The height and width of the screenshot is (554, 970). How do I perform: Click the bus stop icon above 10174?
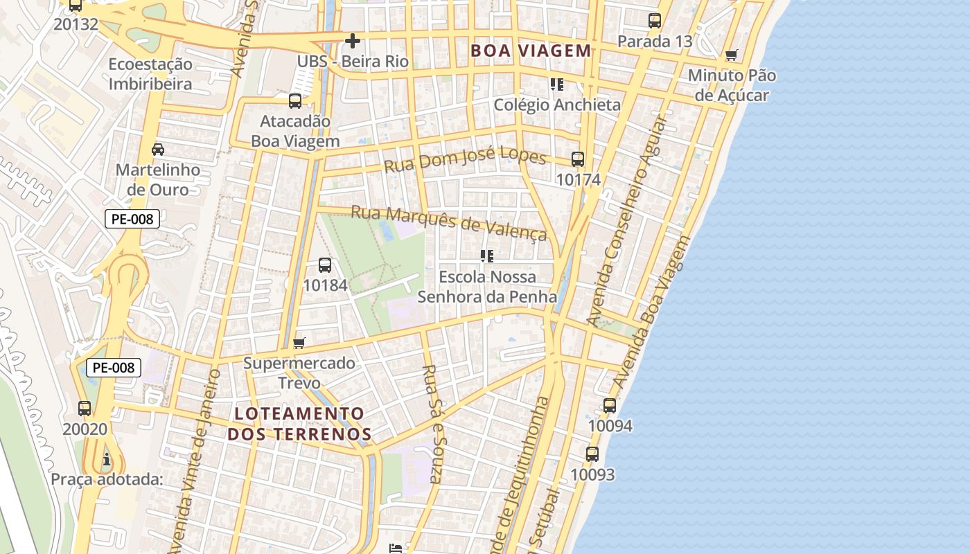578,159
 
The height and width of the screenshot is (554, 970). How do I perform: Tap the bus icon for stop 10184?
324,265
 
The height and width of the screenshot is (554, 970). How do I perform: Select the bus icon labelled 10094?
610,406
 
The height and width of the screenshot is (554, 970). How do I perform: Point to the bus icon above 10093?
592,454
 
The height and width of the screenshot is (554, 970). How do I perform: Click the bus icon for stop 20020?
85,409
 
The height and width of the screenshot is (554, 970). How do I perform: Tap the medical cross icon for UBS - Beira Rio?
353,41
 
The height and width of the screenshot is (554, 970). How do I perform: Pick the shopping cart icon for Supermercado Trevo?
299,343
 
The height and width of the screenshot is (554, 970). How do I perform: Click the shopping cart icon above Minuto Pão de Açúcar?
731,55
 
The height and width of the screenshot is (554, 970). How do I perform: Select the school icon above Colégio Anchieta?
556,84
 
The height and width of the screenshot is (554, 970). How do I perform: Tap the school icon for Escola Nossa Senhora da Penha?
487,256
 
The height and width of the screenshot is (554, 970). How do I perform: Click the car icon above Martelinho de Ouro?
158,149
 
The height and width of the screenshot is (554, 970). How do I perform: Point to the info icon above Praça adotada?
106,459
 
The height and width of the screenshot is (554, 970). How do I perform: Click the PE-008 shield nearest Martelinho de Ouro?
132,220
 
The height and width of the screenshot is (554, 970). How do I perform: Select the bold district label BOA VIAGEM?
531,51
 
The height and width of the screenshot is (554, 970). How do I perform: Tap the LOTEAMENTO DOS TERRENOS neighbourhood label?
299,424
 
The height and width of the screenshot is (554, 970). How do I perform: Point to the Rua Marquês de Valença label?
449,222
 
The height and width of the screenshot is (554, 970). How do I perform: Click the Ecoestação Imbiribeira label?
150,74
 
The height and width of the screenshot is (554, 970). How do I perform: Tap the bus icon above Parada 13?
655,21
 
